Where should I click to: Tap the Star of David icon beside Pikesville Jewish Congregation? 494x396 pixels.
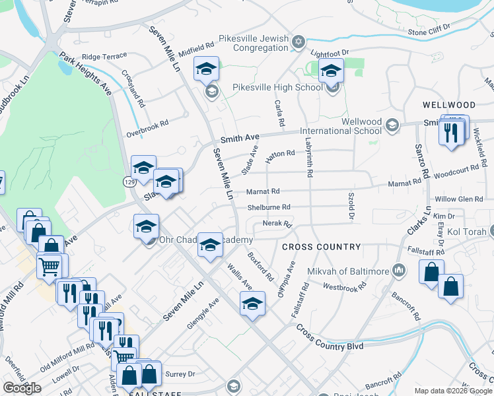pos(298,42)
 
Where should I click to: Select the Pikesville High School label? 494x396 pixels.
pos(278,87)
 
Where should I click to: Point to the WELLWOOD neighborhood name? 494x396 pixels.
pos(449,105)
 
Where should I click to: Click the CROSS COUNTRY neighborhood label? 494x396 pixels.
pos(322,247)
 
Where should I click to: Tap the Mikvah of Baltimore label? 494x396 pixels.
pos(348,271)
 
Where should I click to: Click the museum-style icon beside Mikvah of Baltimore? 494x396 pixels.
pos(398,269)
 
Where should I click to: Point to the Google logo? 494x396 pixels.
pos(22,387)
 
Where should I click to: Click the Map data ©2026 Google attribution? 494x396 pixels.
pos(453,391)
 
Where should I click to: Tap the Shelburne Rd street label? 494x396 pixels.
pos(269,207)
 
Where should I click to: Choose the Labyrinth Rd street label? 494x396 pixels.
pos(308,152)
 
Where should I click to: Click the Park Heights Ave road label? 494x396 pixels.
pos(85,75)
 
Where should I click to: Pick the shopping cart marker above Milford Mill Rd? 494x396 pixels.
pos(50,266)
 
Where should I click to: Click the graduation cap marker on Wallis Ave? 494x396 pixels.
pos(252,304)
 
